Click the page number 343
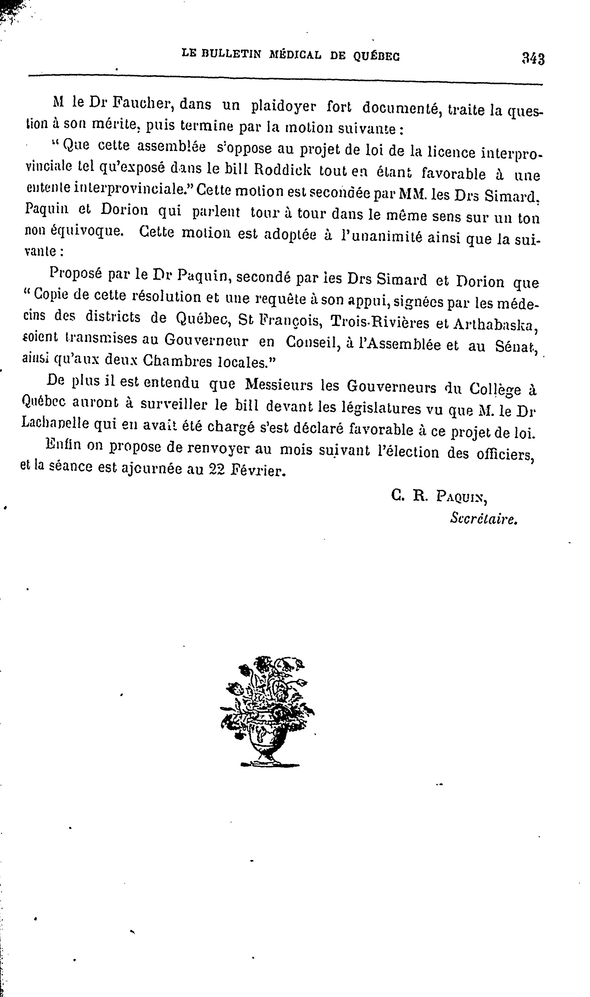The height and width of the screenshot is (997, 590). [x=533, y=59]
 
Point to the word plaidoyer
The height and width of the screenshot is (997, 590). [x=284, y=106]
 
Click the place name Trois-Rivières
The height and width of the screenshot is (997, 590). [x=379, y=322]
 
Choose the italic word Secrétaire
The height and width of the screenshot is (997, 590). [x=484, y=518]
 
